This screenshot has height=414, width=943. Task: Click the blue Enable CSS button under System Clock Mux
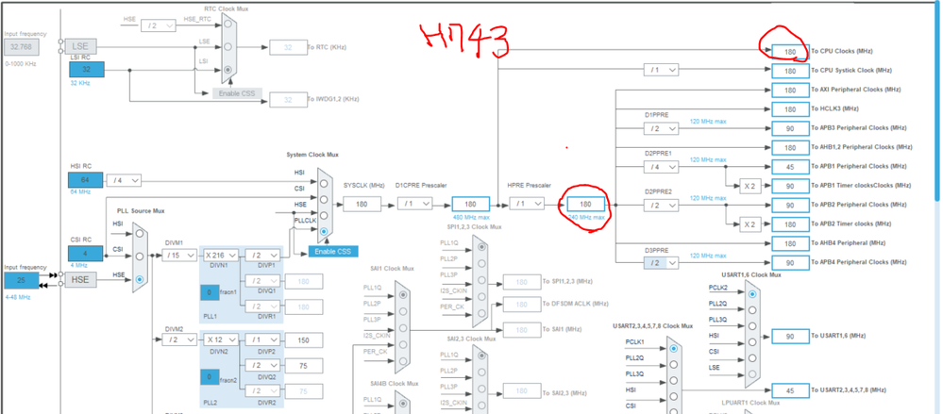pos(333,251)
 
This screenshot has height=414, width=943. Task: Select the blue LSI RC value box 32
pos(86,70)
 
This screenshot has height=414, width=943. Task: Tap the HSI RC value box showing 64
pos(86,180)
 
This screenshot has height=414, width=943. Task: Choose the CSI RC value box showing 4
pos(86,253)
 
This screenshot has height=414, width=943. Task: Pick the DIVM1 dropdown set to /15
pos(178,256)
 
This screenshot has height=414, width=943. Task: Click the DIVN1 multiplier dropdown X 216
pos(222,256)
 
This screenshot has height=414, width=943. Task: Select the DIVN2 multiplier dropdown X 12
pos(222,339)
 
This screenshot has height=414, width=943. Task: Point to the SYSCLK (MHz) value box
pos(362,204)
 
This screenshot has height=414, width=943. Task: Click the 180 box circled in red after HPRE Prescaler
pos(584,204)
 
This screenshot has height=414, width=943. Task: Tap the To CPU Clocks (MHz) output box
pos(790,51)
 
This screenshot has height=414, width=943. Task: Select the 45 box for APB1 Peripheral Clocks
pos(790,167)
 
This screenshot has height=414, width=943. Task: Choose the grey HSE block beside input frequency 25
pos(80,281)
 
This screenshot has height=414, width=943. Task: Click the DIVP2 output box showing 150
pos(303,339)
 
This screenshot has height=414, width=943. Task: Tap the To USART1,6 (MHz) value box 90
pos(790,336)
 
